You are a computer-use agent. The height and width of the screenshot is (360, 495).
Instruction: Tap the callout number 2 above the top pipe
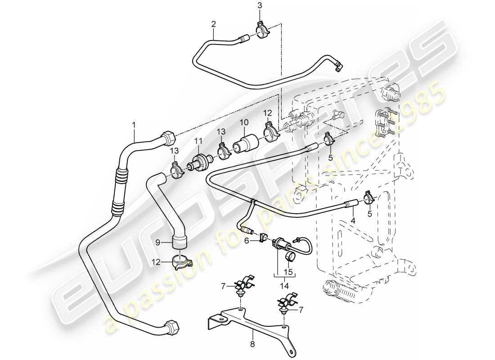(x=214, y=24)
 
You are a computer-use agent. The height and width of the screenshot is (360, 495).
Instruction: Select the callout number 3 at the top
(x=259, y=5)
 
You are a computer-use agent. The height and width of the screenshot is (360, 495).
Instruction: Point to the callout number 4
(x=353, y=221)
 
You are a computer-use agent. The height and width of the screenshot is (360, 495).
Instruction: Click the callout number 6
(x=246, y=241)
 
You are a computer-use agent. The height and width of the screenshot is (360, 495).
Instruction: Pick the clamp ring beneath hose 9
(x=180, y=262)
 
